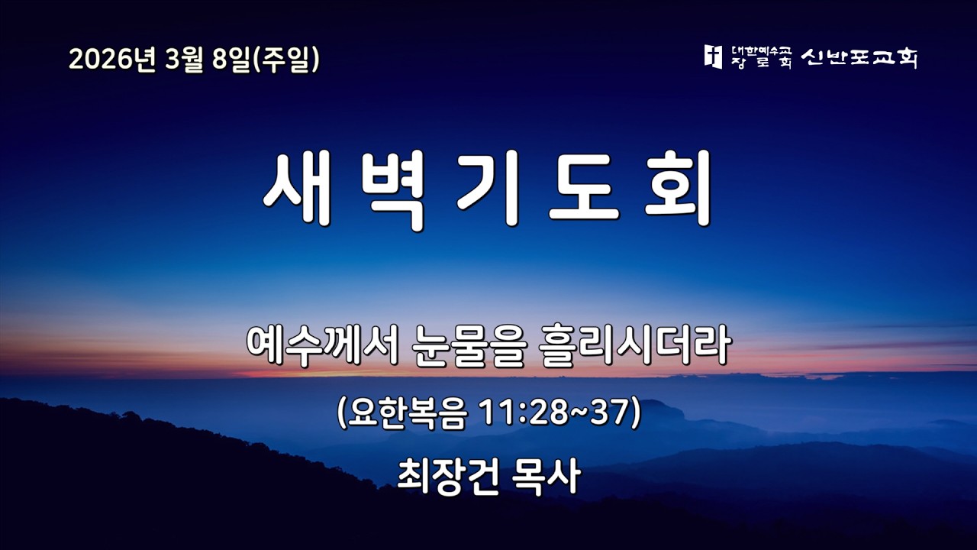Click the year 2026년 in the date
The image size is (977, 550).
[x=111, y=60]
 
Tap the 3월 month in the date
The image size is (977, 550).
[x=182, y=60]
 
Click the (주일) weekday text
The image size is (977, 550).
[x=286, y=60]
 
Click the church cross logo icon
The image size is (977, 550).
[x=713, y=57]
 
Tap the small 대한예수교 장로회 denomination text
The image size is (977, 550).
[x=761, y=57]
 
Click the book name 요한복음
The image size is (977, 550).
[x=408, y=414]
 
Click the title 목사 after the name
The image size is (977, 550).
[x=548, y=475]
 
